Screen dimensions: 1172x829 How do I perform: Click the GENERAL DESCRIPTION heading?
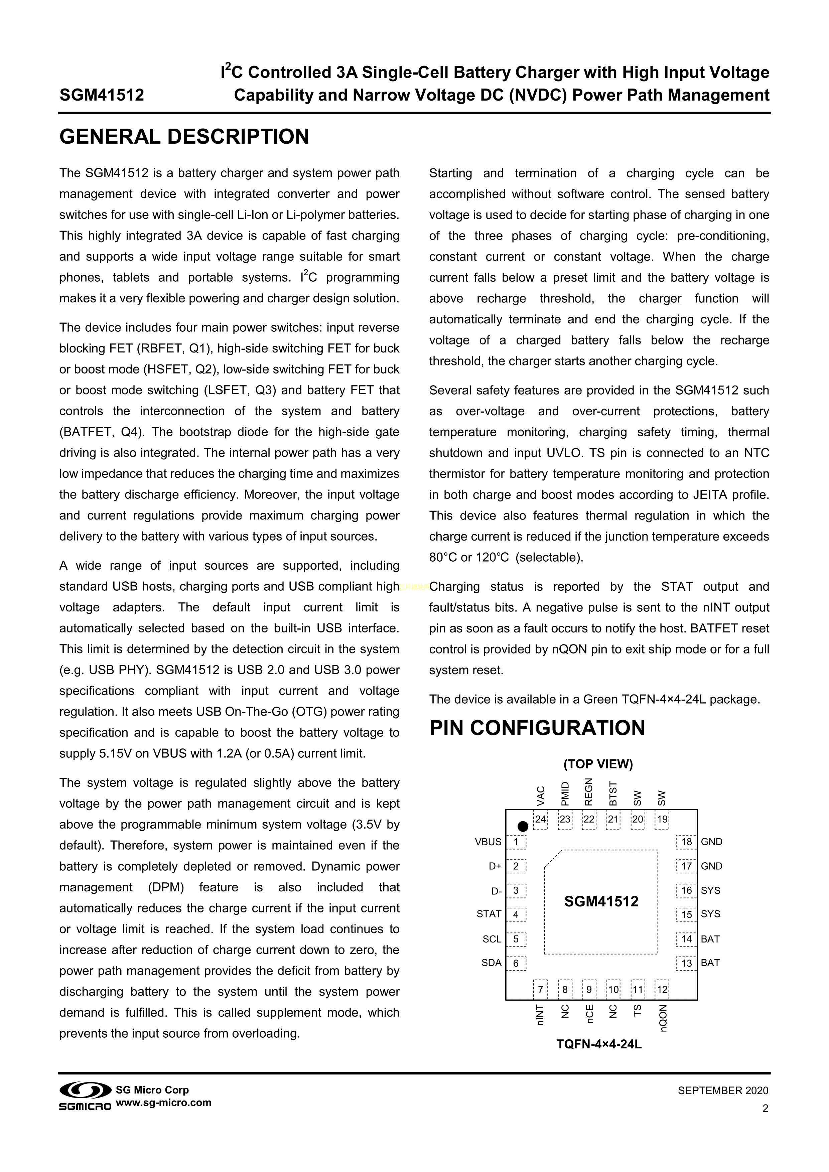tap(184, 137)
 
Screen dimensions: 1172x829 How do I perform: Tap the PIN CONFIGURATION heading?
tap(537, 728)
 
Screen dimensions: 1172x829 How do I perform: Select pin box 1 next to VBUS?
tap(516, 842)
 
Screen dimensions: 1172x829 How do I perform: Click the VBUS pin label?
tap(488, 842)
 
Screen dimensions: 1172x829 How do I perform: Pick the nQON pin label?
tap(663, 1018)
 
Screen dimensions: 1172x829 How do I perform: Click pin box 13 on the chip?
tap(686, 963)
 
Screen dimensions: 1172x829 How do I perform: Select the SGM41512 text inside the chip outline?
tap(601, 901)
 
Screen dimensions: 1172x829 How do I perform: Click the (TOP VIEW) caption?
tap(598, 764)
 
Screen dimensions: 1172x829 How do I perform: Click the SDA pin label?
tap(491, 963)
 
